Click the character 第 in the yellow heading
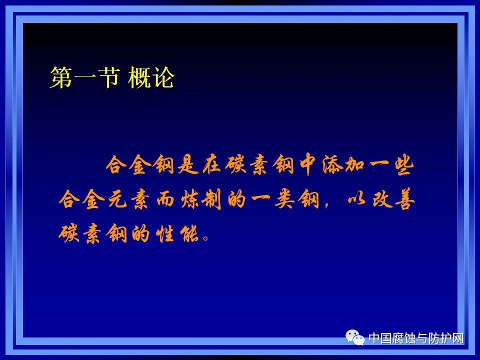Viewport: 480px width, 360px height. [60, 78]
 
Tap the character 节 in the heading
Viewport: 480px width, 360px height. [107, 78]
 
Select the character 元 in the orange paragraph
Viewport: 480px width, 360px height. [125, 200]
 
